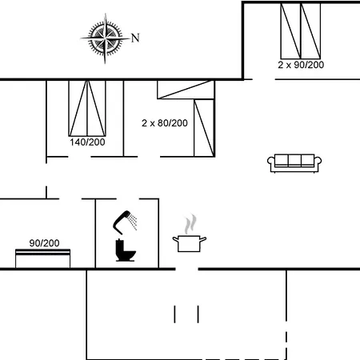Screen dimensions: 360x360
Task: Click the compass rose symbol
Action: click(105, 37)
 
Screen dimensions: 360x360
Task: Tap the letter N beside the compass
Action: click(135, 37)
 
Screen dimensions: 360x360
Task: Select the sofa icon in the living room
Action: click(294, 162)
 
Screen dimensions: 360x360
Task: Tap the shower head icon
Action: click(122, 218)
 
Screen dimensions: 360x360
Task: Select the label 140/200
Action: click(87, 142)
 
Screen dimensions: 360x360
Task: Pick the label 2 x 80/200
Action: click(164, 123)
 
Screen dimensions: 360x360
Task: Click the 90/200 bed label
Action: click(45, 242)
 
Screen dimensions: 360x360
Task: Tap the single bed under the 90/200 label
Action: click(45, 258)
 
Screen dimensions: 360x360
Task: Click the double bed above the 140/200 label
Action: click(87, 107)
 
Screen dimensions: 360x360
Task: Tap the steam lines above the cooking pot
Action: click(189, 222)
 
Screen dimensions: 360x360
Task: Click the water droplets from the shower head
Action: click(134, 220)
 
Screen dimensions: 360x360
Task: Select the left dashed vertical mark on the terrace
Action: click(174, 313)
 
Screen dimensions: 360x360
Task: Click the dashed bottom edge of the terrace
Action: click(184, 358)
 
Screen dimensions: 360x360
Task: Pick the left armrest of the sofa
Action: click(270, 164)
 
